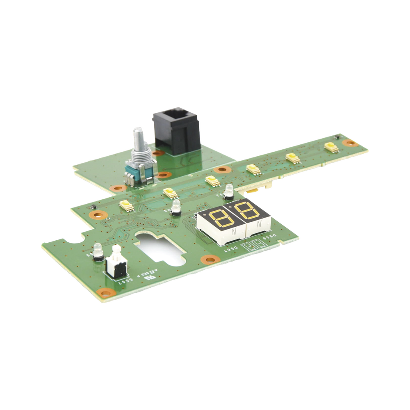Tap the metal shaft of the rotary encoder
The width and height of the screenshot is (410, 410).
click(136, 141)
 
